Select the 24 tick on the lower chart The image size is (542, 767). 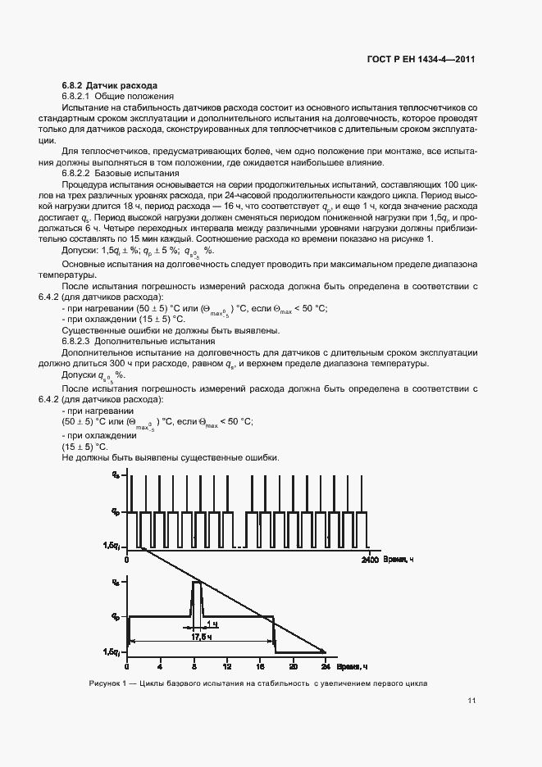point(325,665)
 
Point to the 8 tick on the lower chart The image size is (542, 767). point(194,665)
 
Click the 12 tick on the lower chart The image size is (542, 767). point(226,665)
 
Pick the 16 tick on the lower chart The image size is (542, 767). point(259,665)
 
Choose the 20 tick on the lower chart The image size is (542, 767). point(293,665)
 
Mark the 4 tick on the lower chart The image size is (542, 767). point(161,665)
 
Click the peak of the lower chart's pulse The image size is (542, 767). point(197,582)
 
